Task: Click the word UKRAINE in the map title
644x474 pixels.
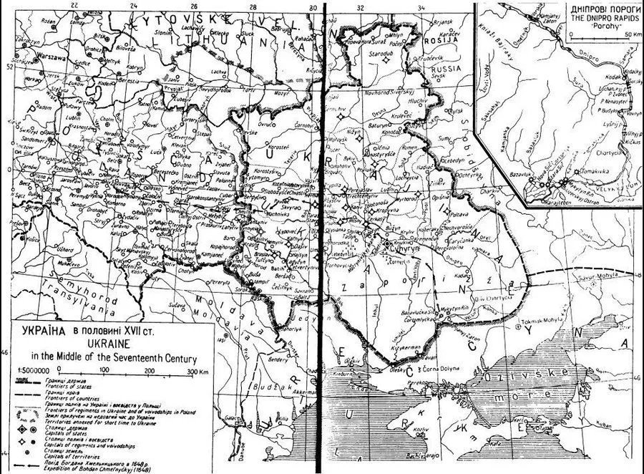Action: pos(99,344)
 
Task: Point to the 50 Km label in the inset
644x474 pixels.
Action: pos(630,34)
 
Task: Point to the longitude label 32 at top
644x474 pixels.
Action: pos(361,6)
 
